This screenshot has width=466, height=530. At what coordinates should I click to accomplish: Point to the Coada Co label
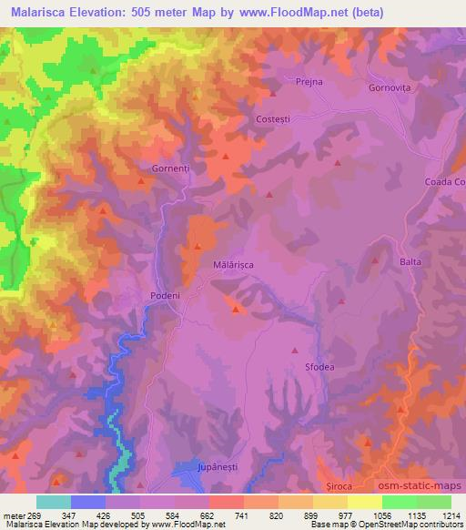pyautogui.click(x=444, y=182)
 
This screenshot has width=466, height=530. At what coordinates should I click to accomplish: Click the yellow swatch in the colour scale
pyautogui.click(x=365, y=502)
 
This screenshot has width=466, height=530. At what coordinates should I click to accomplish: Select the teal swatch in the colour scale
pyautogui.click(x=53, y=502)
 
